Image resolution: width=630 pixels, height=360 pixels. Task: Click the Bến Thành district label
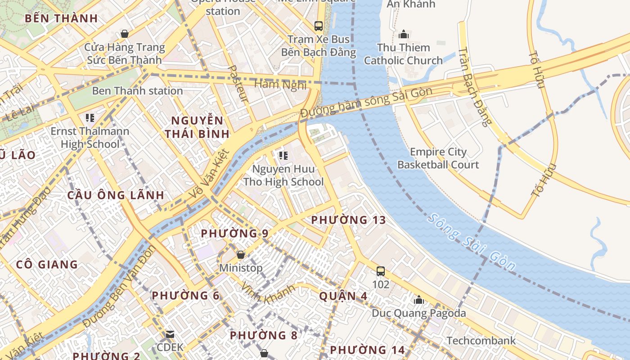(x=61, y=18)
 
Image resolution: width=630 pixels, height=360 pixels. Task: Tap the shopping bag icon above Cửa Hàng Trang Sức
(x=125, y=34)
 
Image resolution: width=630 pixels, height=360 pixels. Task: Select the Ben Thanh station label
(x=137, y=91)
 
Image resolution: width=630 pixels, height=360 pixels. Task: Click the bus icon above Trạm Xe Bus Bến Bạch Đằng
(x=319, y=26)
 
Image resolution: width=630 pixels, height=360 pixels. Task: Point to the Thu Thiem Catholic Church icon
(x=403, y=34)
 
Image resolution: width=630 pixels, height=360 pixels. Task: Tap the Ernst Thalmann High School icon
(x=90, y=118)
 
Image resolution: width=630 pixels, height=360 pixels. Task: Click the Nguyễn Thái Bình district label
(x=197, y=127)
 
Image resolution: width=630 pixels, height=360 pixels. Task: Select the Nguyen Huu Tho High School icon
(x=283, y=156)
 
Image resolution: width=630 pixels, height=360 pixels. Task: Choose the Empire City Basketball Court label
(x=438, y=158)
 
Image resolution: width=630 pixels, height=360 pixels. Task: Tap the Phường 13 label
(x=349, y=220)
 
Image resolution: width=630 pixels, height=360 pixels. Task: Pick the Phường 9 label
(x=234, y=234)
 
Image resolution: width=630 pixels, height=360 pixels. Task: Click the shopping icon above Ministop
(x=241, y=255)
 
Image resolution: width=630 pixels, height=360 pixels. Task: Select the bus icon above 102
(x=381, y=271)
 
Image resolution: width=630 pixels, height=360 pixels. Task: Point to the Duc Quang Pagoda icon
(x=419, y=300)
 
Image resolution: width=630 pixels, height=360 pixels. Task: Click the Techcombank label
(x=481, y=341)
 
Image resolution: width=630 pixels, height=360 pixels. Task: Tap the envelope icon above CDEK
(x=170, y=334)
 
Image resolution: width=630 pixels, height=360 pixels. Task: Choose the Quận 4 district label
(x=343, y=296)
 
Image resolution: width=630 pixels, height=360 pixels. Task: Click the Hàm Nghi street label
(x=280, y=84)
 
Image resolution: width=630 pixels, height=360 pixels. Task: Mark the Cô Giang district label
(x=47, y=264)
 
